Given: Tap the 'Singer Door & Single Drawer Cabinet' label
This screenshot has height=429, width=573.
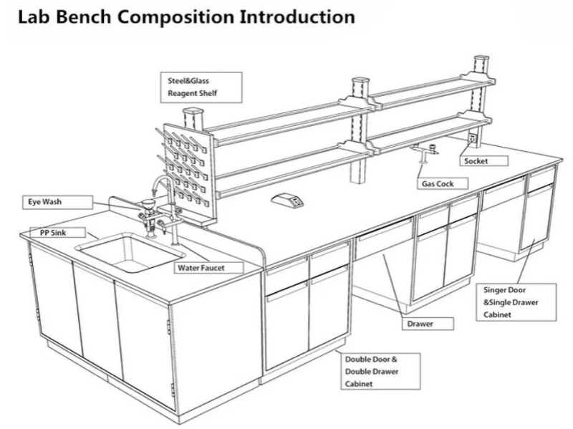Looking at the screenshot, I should point(517,302).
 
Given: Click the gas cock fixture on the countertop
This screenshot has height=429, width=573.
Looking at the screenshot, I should point(429,153).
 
